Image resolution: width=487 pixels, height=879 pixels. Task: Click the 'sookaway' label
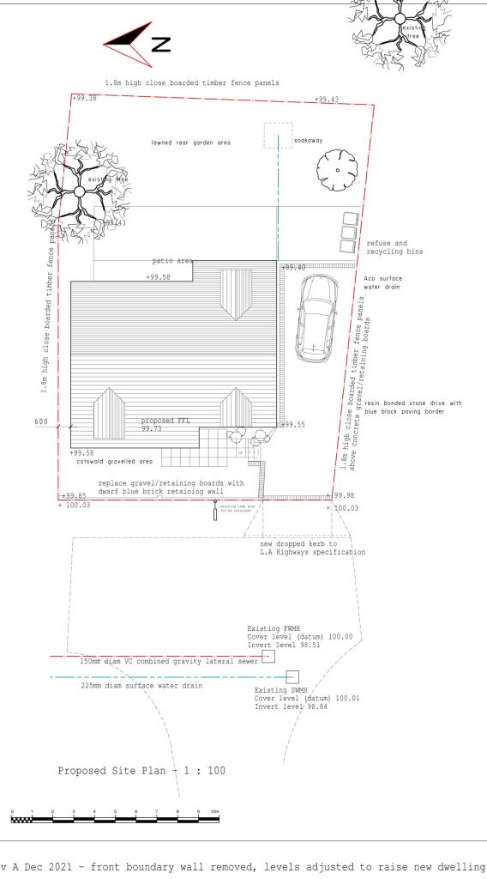pyautogui.click(x=307, y=138)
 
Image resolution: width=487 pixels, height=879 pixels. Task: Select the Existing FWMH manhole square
pyautogui.click(x=268, y=657)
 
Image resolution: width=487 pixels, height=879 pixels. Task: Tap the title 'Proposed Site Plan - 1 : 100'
pyautogui.click(x=141, y=770)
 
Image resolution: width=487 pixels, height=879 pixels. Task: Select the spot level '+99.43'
pyautogui.click(x=326, y=100)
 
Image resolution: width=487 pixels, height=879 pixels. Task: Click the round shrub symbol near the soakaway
pyautogui.click(x=337, y=171)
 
